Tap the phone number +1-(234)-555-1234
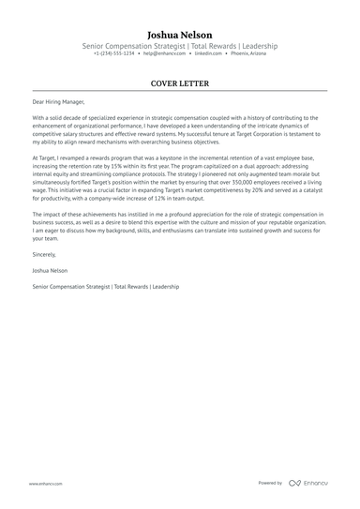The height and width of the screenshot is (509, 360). (x=113, y=53)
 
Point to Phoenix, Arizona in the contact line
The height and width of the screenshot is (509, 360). (x=248, y=53)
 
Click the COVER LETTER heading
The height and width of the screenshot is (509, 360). (x=179, y=83)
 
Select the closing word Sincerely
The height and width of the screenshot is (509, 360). (x=44, y=254)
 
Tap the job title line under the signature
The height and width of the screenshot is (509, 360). (x=105, y=285)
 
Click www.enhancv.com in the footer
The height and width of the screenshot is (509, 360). (x=45, y=484)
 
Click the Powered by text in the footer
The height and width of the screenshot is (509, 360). (x=270, y=483)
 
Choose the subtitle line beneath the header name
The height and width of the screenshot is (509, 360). (x=179, y=44)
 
